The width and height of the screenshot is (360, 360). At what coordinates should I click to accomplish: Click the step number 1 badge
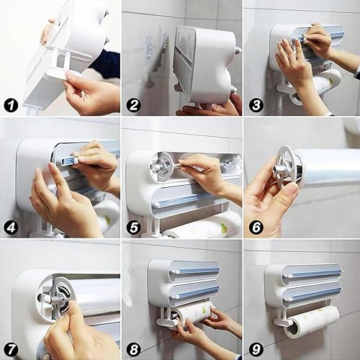tap(11, 106)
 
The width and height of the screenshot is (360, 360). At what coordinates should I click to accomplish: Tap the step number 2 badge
tap(134, 106)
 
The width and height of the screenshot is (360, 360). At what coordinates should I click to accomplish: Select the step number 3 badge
tap(256, 106)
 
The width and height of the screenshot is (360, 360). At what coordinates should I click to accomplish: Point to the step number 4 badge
tap(11, 228)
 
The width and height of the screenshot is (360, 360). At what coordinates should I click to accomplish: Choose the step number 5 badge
tap(134, 228)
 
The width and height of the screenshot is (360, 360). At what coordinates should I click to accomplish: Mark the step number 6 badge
tap(256, 228)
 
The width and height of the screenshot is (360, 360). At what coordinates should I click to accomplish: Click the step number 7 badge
tap(11, 349)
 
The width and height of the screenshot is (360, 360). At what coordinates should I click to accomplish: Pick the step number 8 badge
tap(134, 349)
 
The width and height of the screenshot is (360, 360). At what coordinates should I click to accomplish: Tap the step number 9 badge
tap(256, 349)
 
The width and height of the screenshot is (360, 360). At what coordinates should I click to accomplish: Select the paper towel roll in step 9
tap(312, 322)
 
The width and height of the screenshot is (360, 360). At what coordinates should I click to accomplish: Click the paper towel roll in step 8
tap(194, 312)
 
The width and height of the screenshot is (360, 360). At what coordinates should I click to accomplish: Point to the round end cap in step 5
tap(161, 166)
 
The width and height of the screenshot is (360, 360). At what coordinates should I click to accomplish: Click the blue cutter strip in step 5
tap(185, 199)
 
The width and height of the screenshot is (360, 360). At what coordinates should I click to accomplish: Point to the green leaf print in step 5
tap(224, 226)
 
